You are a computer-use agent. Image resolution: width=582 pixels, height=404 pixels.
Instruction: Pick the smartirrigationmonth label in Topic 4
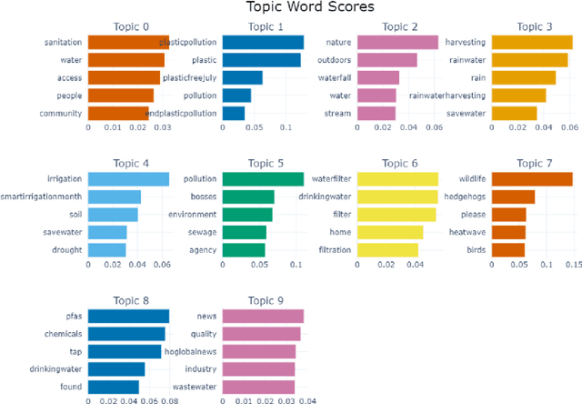pyautogui.click(x=44, y=197)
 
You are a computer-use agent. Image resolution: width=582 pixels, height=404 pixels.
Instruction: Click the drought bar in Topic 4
pyautogui.click(x=107, y=249)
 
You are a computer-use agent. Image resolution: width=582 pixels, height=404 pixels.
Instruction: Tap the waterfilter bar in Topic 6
pyautogui.click(x=397, y=179)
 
